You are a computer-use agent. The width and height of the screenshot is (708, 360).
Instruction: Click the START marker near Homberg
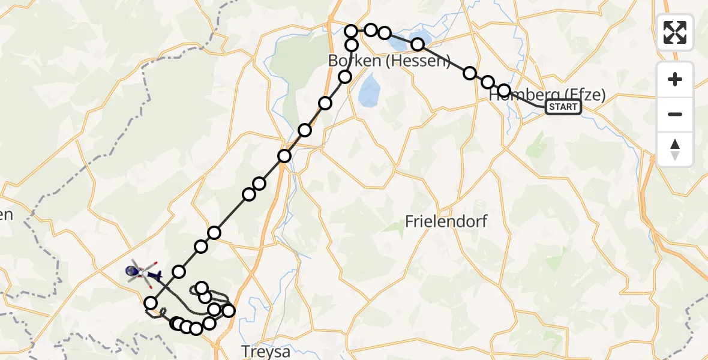563,107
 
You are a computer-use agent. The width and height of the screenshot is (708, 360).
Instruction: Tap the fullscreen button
675,32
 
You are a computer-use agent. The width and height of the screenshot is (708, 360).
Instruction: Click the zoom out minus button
675,114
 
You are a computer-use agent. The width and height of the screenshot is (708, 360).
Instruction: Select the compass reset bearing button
675,149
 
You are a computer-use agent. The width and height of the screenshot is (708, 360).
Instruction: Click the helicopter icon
143,274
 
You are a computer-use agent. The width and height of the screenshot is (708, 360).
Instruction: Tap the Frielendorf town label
446,221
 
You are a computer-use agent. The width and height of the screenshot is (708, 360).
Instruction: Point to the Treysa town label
265,350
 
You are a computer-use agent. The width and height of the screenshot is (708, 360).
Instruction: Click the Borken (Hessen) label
389,61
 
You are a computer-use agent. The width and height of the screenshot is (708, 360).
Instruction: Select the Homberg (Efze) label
547,94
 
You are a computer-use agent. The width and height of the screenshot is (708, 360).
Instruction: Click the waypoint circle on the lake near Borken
418,44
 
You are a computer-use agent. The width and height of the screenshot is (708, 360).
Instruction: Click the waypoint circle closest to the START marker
504,90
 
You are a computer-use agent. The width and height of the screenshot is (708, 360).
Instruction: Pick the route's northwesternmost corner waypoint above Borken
352,31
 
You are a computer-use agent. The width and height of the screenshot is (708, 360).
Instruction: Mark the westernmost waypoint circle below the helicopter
151,303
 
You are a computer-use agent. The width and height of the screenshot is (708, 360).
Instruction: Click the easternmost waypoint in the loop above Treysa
228,310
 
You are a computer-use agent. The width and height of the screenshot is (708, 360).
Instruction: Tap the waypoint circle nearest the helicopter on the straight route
179,272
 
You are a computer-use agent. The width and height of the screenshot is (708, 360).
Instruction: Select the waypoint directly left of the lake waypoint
385,33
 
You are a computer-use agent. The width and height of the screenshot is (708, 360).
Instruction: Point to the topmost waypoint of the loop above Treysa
202,288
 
